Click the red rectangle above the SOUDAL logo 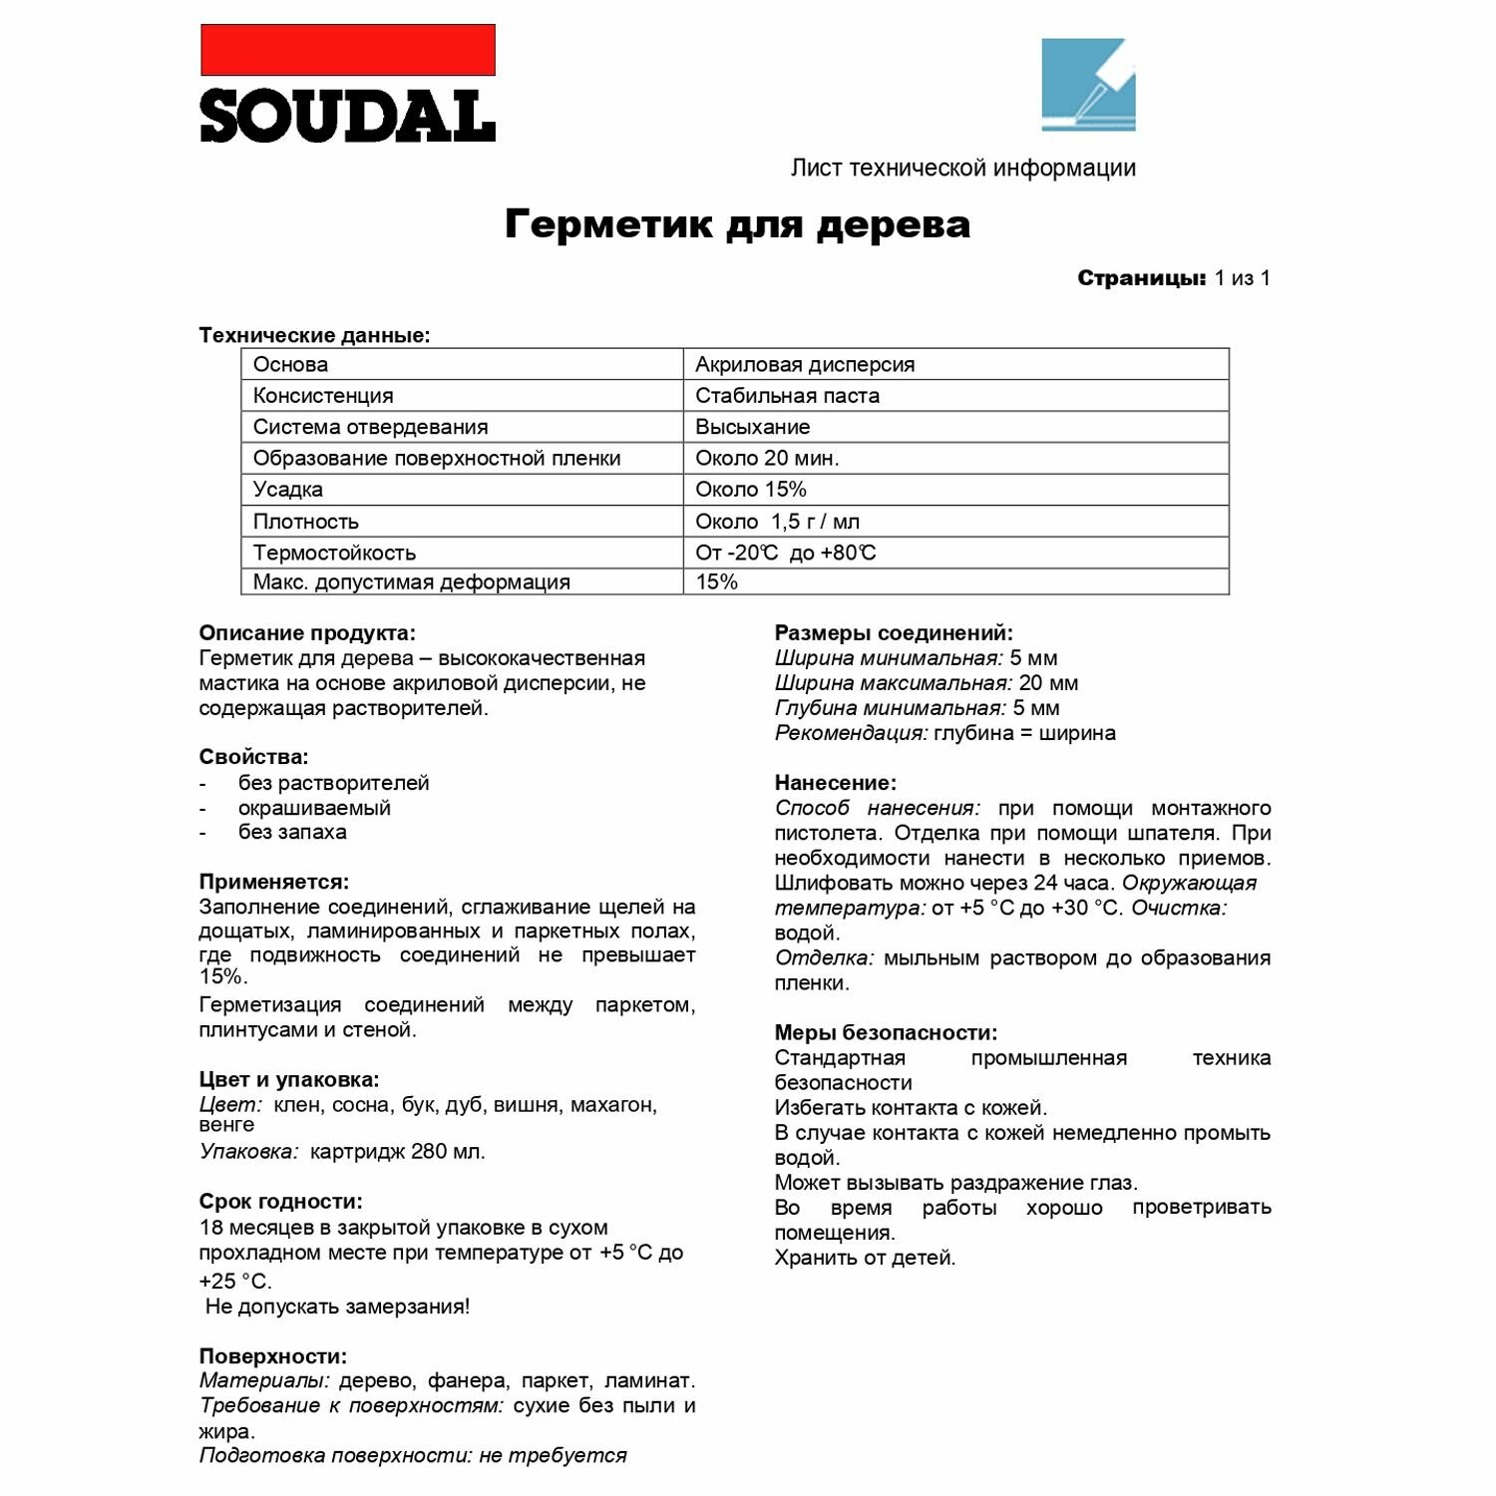[x=348, y=50]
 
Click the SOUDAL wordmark [x=348, y=117]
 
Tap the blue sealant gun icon [x=1088, y=85]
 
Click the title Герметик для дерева [x=737, y=223]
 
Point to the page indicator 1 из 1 [x=1242, y=278]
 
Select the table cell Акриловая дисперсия [x=805, y=364]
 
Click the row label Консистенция [x=323, y=396]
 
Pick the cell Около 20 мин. [x=767, y=458]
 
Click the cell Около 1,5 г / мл [x=777, y=522]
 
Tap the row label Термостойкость [x=334, y=553]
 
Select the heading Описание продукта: [x=307, y=632]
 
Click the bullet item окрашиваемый [x=314, y=808]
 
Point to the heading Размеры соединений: [x=894, y=632]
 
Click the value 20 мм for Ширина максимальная [x=1048, y=683]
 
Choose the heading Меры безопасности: [x=886, y=1032]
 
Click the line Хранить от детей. [x=865, y=1258]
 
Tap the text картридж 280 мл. [x=397, y=1151]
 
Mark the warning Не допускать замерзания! [x=337, y=1307]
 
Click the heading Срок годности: [x=280, y=1201]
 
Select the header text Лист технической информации [x=962, y=168]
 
